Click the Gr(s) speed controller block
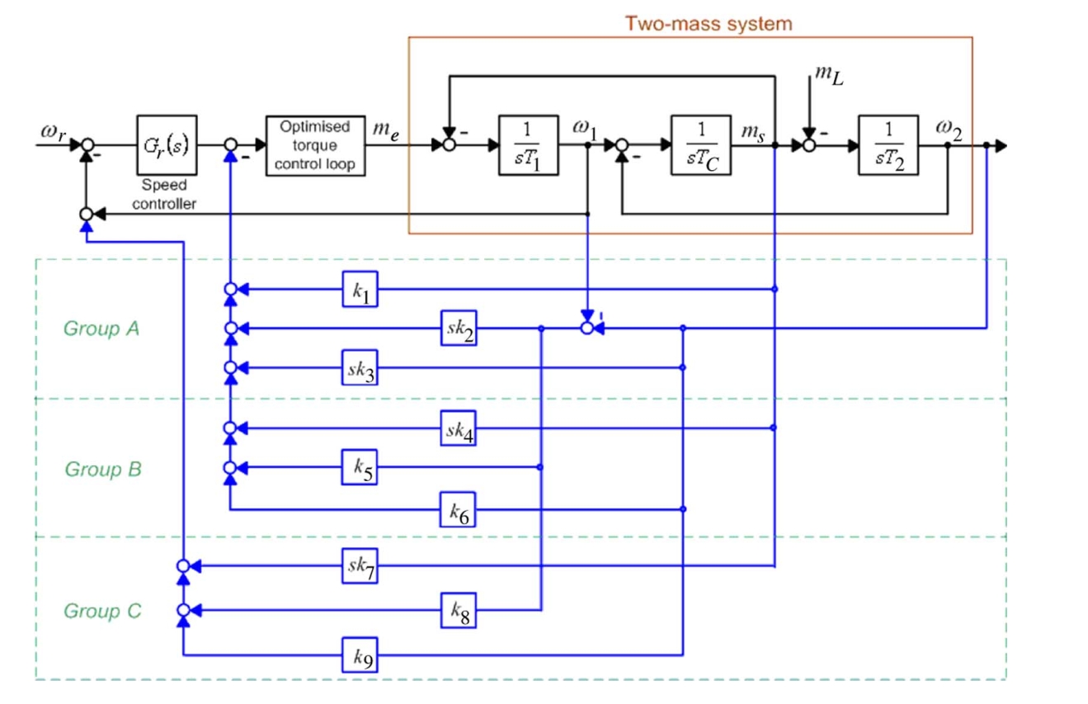[167, 144]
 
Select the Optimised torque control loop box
[316, 145]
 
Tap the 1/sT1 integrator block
[529, 144]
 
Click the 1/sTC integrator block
[701, 144]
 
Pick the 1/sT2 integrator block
[888, 144]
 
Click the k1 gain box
[360, 289]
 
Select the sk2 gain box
[459, 328]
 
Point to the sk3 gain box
[360, 367]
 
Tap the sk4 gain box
[458, 428]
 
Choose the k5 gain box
[360, 467]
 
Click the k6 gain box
[458, 509]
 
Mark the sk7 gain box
[360, 566]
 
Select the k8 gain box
[459, 610]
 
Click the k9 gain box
[360, 655]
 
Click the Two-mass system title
[709, 23]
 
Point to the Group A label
[101, 328]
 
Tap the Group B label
[103, 469]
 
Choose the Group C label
[102, 611]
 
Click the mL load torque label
[830, 75]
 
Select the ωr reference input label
[53, 132]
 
